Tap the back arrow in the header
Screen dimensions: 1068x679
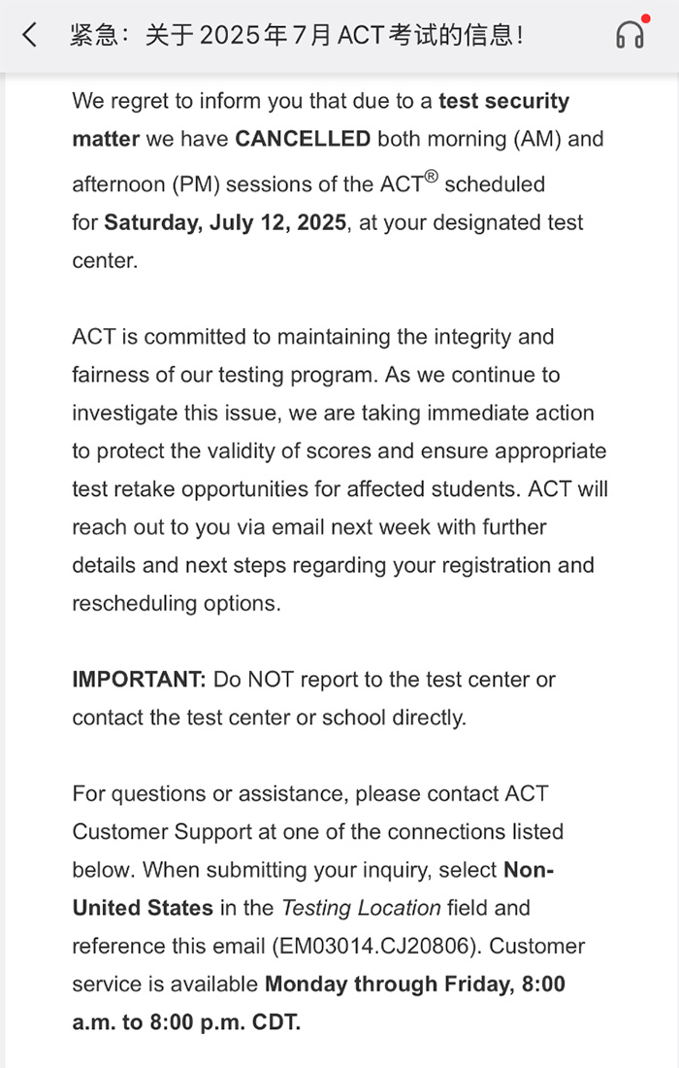pos(30,36)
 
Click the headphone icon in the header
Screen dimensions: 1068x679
pos(630,36)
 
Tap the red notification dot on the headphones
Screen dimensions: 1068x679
pos(645,18)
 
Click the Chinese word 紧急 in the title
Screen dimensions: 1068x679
pos(93,36)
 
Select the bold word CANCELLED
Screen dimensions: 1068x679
pos(303,139)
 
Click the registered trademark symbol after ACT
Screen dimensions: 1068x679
pos(431,177)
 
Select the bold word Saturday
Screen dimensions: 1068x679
pos(150,222)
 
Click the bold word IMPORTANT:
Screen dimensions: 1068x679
pos(139,680)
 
